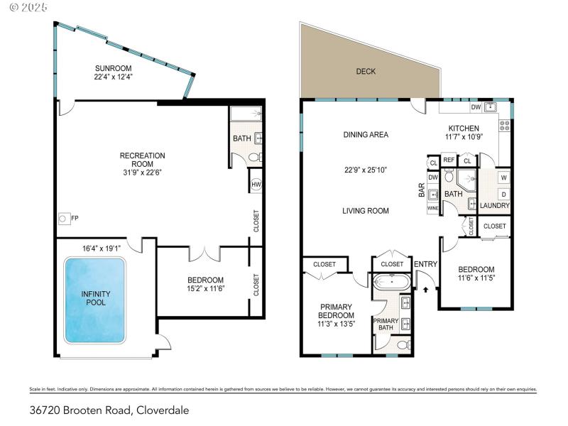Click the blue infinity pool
coord(95,299)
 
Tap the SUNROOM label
coord(113,69)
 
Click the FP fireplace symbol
coord(63,219)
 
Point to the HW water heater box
coord(256,184)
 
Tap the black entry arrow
coord(425,289)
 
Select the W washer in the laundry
coord(503,177)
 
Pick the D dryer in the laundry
coord(503,194)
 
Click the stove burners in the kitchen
coord(505,125)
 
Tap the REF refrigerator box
coord(449,160)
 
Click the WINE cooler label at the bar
coord(433,209)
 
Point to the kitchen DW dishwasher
coord(476,107)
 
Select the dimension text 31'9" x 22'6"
coord(142,170)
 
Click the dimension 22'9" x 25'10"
coord(365,169)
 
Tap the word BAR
coord(422,191)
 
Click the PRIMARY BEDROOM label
coord(336,311)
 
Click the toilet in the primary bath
coord(402,345)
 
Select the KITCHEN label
coord(463,128)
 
